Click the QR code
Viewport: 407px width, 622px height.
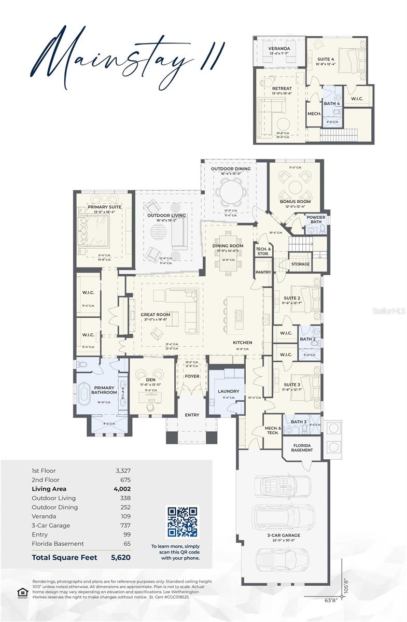coord(181,521)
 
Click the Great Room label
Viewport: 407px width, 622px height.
coord(156,315)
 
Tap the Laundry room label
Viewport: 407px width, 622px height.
coord(228,391)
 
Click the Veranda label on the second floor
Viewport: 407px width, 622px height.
coord(279,49)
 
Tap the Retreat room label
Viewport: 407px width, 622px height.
coord(282,89)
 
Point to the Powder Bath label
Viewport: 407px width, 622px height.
coord(316,220)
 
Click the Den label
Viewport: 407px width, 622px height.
coord(151,379)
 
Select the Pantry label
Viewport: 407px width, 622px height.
coord(263,272)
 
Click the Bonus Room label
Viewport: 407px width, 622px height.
coord(295,201)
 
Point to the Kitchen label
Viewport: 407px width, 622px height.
coord(242,343)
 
